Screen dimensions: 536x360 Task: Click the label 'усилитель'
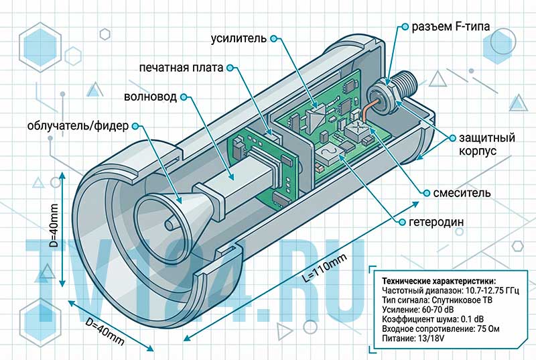(x=239, y=38)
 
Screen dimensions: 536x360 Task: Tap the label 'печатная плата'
(x=181, y=68)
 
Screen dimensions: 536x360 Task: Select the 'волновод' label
(x=150, y=97)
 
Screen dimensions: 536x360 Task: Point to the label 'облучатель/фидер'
(x=78, y=126)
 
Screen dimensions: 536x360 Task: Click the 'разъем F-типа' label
(x=450, y=26)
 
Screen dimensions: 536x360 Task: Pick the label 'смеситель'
(x=462, y=193)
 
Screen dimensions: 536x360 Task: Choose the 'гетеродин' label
(x=437, y=222)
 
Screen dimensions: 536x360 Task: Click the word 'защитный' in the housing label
(x=487, y=138)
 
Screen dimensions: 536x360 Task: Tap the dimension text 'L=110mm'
(x=325, y=267)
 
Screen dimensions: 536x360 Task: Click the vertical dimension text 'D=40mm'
(x=54, y=226)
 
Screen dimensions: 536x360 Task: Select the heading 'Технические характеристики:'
(x=439, y=281)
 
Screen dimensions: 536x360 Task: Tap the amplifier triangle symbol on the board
(x=317, y=119)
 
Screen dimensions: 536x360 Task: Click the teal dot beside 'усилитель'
(x=273, y=38)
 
